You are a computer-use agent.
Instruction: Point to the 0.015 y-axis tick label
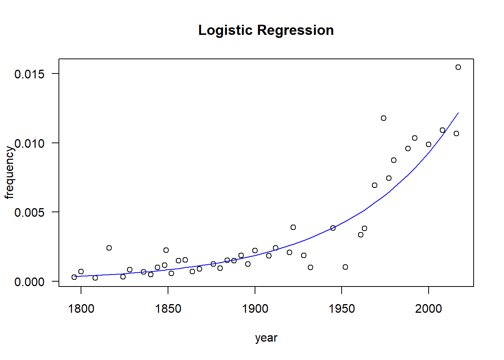pyautogui.click(x=29, y=74)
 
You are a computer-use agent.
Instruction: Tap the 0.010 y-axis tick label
pyautogui.click(x=29, y=143)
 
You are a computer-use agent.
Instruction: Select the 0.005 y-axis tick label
pyautogui.click(x=29, y=213)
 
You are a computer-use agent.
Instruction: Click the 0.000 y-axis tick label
pyautogui.click(x=29, y=282)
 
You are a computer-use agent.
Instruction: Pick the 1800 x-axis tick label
pyautogui.click(x=81, y=309)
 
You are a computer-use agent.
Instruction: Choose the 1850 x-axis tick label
pyautogui.click(x=168, y=309)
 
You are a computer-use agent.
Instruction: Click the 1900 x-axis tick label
pyautogui.click(x=255, y=309)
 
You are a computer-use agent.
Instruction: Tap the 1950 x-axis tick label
pyautogui.click(x=342, y=309)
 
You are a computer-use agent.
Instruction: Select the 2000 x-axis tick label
pyautogui.click(x=429, y=309)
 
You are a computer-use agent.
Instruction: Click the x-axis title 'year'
pyautogui.click(x=266, y=338)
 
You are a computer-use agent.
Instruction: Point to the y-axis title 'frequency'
pyautogui.click(x=9, y=172)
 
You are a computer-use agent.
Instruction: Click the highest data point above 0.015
pyautogui.click(x=458, y=67)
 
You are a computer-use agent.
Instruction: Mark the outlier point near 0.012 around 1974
pyautogui.click(x=384, y=118)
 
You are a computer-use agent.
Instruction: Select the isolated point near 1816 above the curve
pyautogui.click(x=109, y=248)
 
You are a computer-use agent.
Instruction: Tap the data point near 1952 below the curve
pyautogui.click(x=345, y=267)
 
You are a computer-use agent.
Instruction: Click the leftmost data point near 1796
pyautogui.click(x=74, y=277)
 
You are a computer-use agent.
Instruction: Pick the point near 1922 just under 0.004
pyautogui.click(x=293, y=227)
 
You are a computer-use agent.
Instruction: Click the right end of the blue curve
pyautogui.click(x=458, y=112)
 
